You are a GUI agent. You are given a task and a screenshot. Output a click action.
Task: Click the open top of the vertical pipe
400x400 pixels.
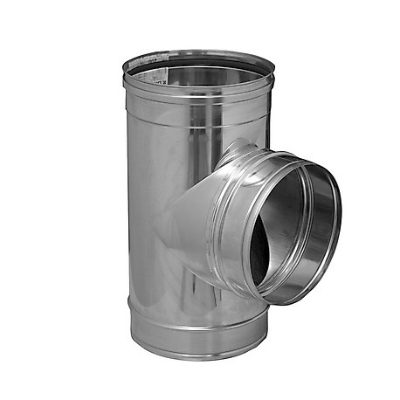pyautogui.click(x=199, y=67)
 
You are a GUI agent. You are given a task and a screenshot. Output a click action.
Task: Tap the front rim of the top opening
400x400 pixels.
pyautogui.click(x=198, y=86)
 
